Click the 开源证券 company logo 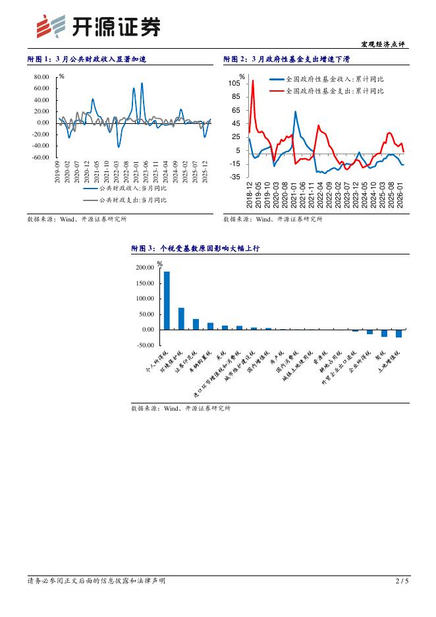98,26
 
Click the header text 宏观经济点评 383,44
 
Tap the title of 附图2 286,59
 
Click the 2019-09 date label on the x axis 58,172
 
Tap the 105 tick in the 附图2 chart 234,84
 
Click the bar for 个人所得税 167,300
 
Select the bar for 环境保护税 181,318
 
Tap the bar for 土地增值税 398,334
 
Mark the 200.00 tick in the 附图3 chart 144,268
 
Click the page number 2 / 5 402,581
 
